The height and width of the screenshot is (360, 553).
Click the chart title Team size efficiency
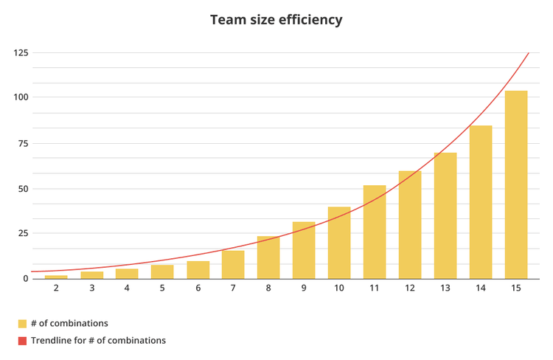[276, 20]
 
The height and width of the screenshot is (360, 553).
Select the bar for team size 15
[515, 184]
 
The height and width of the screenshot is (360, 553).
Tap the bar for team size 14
[480, 202]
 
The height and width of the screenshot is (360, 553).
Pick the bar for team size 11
[375, 232]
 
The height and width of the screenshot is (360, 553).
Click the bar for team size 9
[304, 250]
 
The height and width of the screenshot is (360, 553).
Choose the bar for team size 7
[233, 265]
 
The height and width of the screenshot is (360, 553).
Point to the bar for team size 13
[445, 215]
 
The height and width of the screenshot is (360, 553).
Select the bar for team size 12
[410, 225]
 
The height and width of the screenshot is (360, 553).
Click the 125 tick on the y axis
[21, 52]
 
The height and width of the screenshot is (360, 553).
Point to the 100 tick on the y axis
[21, 97]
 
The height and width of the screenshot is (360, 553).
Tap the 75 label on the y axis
[24, 143]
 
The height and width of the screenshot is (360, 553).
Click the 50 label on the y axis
[24, 188]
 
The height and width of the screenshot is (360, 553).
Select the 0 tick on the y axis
[26, 278]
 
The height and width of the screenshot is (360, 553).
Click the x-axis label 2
[56, 288]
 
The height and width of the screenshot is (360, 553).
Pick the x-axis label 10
[339, 288]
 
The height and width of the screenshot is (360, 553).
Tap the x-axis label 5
[162, 288]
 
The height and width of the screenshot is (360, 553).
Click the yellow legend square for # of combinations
[23, 323]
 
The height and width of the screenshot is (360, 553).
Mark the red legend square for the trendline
[23, 341]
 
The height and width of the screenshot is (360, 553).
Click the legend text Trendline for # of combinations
[98, 341]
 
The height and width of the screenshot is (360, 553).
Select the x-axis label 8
[268, 288]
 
